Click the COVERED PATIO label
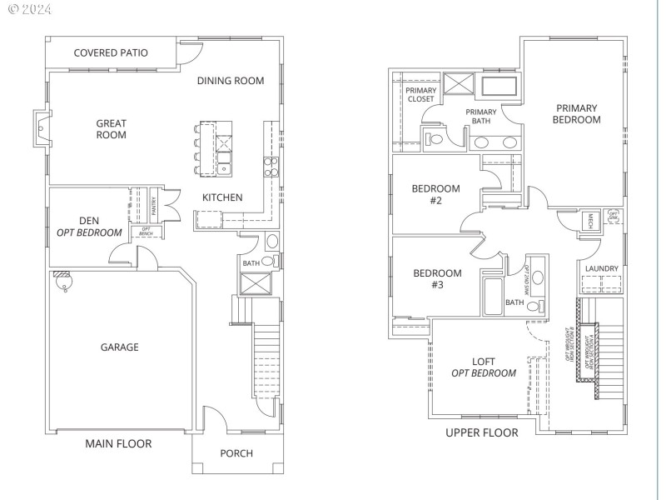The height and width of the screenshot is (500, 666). [x=111, y=52]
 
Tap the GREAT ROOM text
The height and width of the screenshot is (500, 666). [x=111, y=128]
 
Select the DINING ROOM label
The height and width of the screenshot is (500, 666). [x=231, y=81]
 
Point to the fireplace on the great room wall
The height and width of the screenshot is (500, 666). [x=41, y=128]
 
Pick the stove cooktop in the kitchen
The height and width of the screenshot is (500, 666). [x=271, y=167]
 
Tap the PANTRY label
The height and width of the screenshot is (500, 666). [x=153, y=205]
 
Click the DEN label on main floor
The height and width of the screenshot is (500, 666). [x=89, y=221]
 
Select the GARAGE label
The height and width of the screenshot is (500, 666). [x=120, y=347]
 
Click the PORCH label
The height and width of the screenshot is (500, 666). [x=236, y=453]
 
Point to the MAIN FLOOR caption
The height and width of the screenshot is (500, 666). [x=118, y=443]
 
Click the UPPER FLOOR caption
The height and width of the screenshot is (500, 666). [x=481, y=432]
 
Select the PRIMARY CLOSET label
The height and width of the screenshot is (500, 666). [x=420, y=94]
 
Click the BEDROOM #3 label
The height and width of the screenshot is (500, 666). [x=437, y=278]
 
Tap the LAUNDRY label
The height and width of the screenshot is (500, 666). [x=601, y=268]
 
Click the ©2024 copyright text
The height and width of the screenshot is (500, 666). [x=28, y=10]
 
